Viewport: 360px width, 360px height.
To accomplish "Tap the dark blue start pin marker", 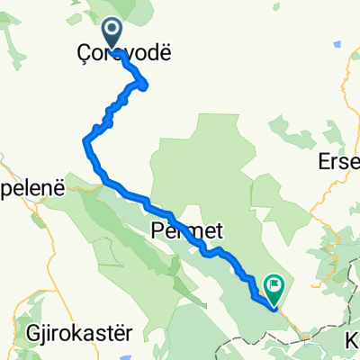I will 112,33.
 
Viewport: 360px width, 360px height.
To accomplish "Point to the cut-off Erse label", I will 339,162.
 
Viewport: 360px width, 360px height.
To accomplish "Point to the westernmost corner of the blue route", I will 85,139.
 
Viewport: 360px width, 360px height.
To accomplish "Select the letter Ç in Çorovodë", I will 74,55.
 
